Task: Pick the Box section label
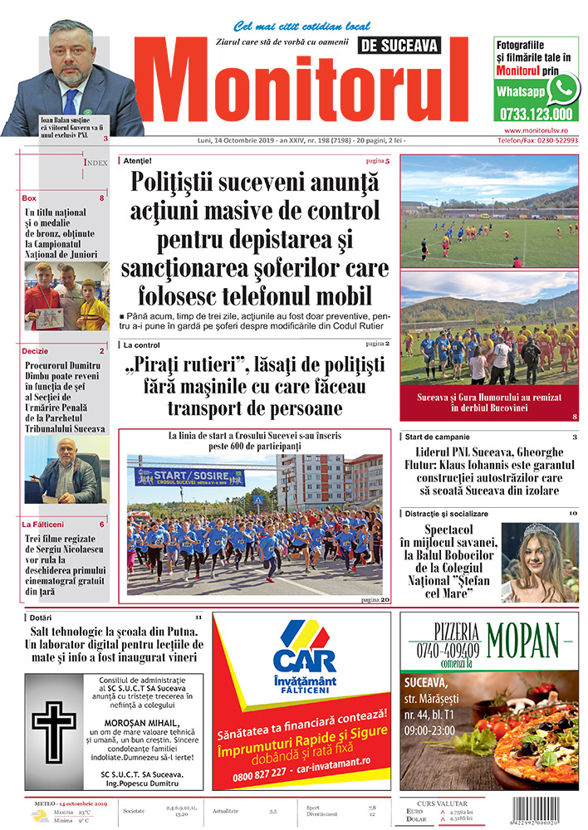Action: (x=30, y=198)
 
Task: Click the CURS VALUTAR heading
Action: (x=442, y=803)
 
